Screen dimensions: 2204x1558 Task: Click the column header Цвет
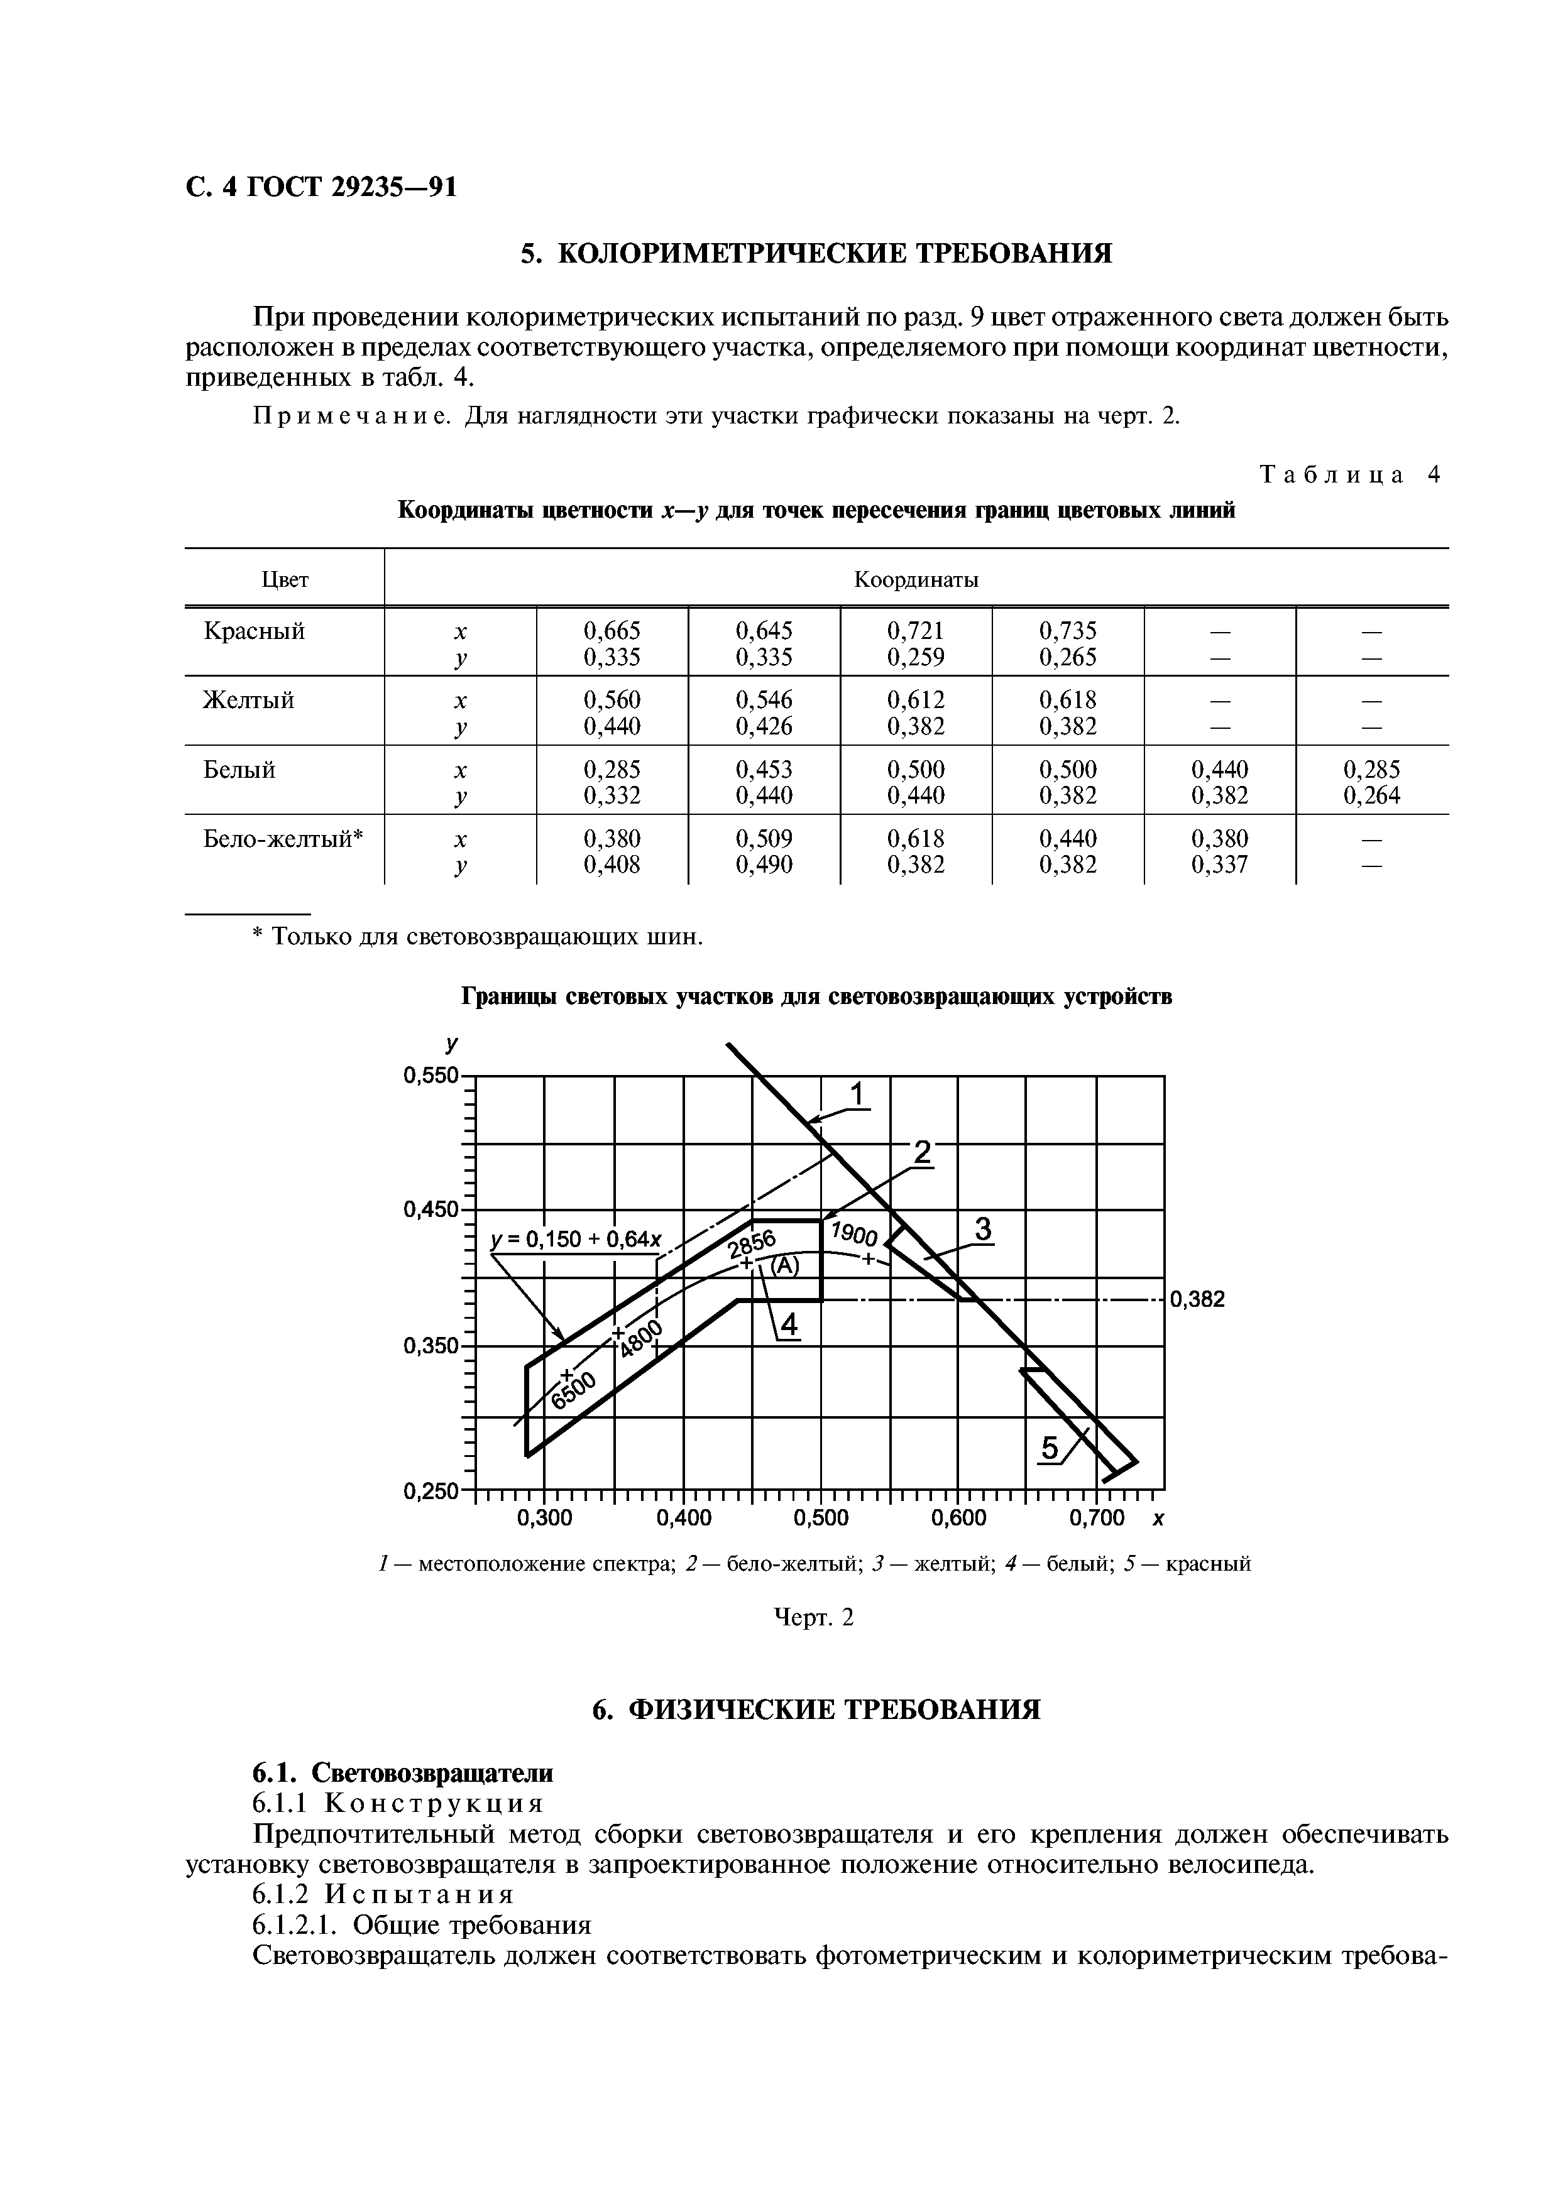285,580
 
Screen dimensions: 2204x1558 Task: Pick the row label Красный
255,631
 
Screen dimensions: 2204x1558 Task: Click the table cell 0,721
915,631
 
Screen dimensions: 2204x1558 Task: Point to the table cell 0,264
1371,795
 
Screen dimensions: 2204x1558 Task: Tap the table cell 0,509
764,838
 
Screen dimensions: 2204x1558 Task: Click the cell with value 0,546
764,700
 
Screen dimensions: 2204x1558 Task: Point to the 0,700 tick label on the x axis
1096,1518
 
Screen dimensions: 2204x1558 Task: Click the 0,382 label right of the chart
1197,1300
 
